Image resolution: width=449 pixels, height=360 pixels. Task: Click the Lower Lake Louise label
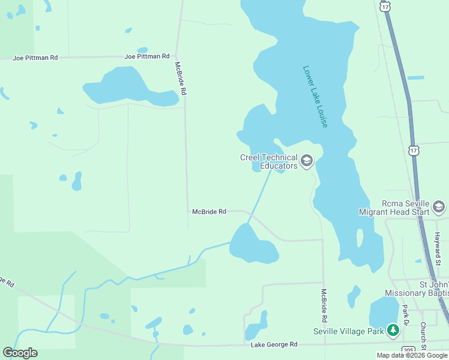(x=315, y=96)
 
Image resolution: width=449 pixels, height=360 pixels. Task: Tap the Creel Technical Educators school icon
(x=307, y=160)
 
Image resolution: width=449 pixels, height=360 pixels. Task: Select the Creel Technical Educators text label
(x=268, y=161)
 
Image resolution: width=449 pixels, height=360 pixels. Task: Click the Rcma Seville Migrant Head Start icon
(x=439, y=207)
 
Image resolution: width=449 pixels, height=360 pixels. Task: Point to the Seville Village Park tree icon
(x=393, y=330)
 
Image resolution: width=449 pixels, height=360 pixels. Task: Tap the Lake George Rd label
(x=274, y=344)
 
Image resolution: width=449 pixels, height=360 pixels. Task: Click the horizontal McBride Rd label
(x=209, y=211)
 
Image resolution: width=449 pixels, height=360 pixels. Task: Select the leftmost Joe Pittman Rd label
(x=37, y=58)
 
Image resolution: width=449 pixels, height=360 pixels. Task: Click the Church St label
(x=423, y=336)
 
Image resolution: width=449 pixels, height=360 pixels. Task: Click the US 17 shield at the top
(x=385, y=5)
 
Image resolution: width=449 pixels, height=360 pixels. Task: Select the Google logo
(x=20, y=352)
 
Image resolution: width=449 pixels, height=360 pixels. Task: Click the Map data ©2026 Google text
(x=412, y=355)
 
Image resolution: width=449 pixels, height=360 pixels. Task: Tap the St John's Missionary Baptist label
(x=417, y=289)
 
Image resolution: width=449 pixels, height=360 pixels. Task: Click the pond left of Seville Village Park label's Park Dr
(x=383, y=312)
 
